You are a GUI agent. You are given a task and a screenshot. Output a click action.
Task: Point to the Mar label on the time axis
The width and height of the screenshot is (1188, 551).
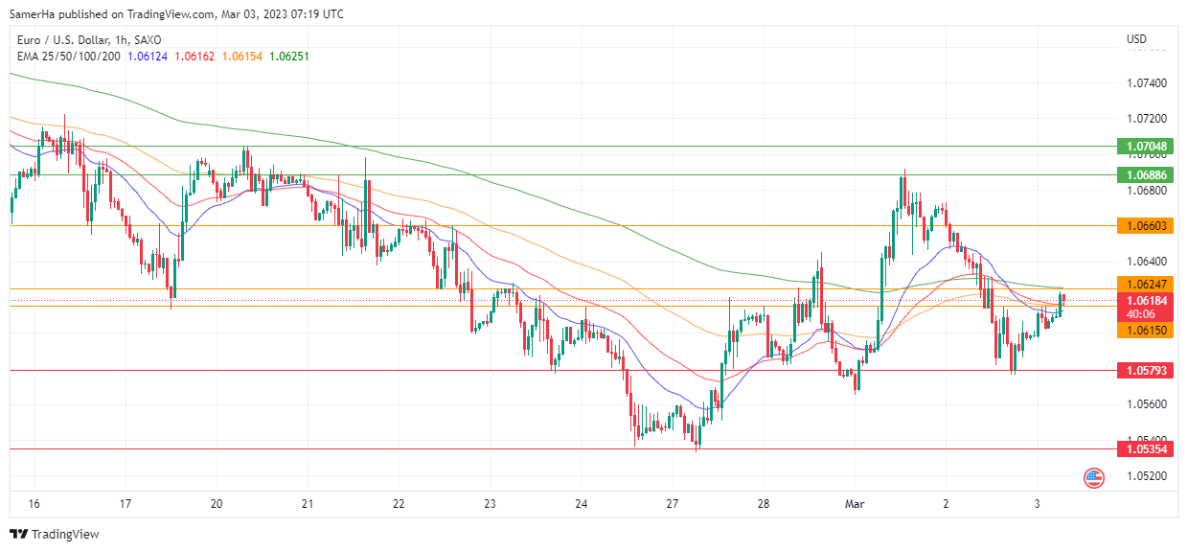coord(855,503)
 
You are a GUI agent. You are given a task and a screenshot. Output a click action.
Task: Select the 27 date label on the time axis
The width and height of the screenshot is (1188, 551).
coord(672,503)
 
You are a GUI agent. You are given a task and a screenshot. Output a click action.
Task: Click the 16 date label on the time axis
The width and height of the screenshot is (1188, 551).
coord(34,503)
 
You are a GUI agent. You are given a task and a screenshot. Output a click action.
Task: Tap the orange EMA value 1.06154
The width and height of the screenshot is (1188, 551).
coord(240,57)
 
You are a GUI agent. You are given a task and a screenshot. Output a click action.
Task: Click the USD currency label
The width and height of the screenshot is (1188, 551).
coord(1136,39)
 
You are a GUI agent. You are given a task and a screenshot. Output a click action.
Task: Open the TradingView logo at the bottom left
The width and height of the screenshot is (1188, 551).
coord(55,534)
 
